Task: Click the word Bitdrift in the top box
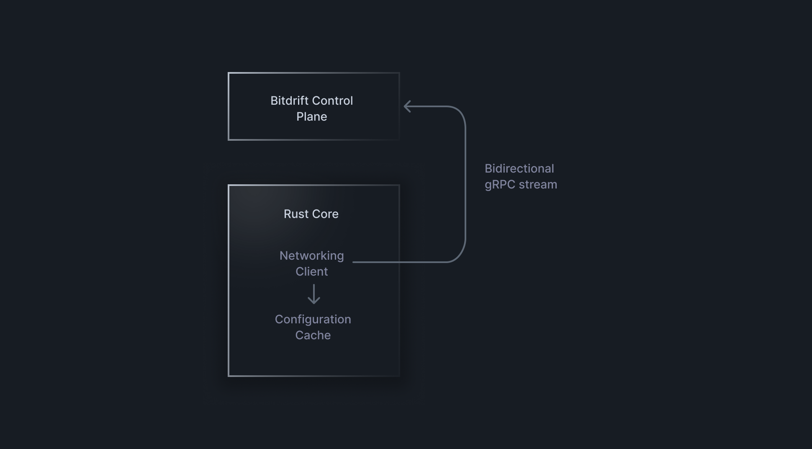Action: click(x=287, y=101)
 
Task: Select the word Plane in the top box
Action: click(x=311, y=117)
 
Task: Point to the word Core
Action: click(x=325, y=214)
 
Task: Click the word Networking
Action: click(x=311, y=256)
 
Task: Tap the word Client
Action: click(x=311, y=272)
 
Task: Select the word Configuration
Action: click(x=313, y=320)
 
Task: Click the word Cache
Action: click(x=313, y=335)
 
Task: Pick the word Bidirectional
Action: click(x=519, y=169)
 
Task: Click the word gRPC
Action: click(x=500, y=185)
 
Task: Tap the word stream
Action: click(x=538, y=185)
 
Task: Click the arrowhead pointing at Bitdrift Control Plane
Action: click(x=406, y=106)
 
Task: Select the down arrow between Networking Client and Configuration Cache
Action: click(x=313, y=294)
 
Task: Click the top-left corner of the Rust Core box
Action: click(x=229, y=185)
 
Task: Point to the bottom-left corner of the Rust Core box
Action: click(x=229, y=376)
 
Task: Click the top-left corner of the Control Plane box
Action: click(x=229, y=73)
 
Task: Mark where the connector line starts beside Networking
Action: click(x=354, y=262)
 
